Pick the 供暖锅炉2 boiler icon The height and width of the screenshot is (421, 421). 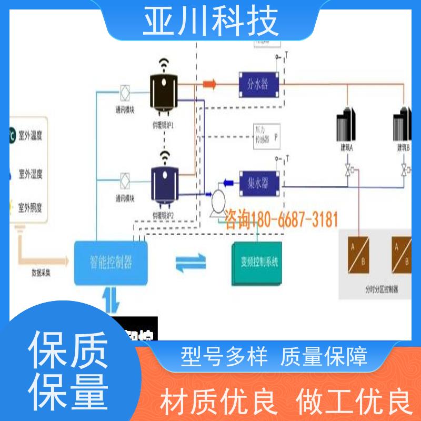(164, 186)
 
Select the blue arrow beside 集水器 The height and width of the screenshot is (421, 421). (228, 183)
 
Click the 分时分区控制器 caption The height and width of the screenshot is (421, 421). (380, 288)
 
